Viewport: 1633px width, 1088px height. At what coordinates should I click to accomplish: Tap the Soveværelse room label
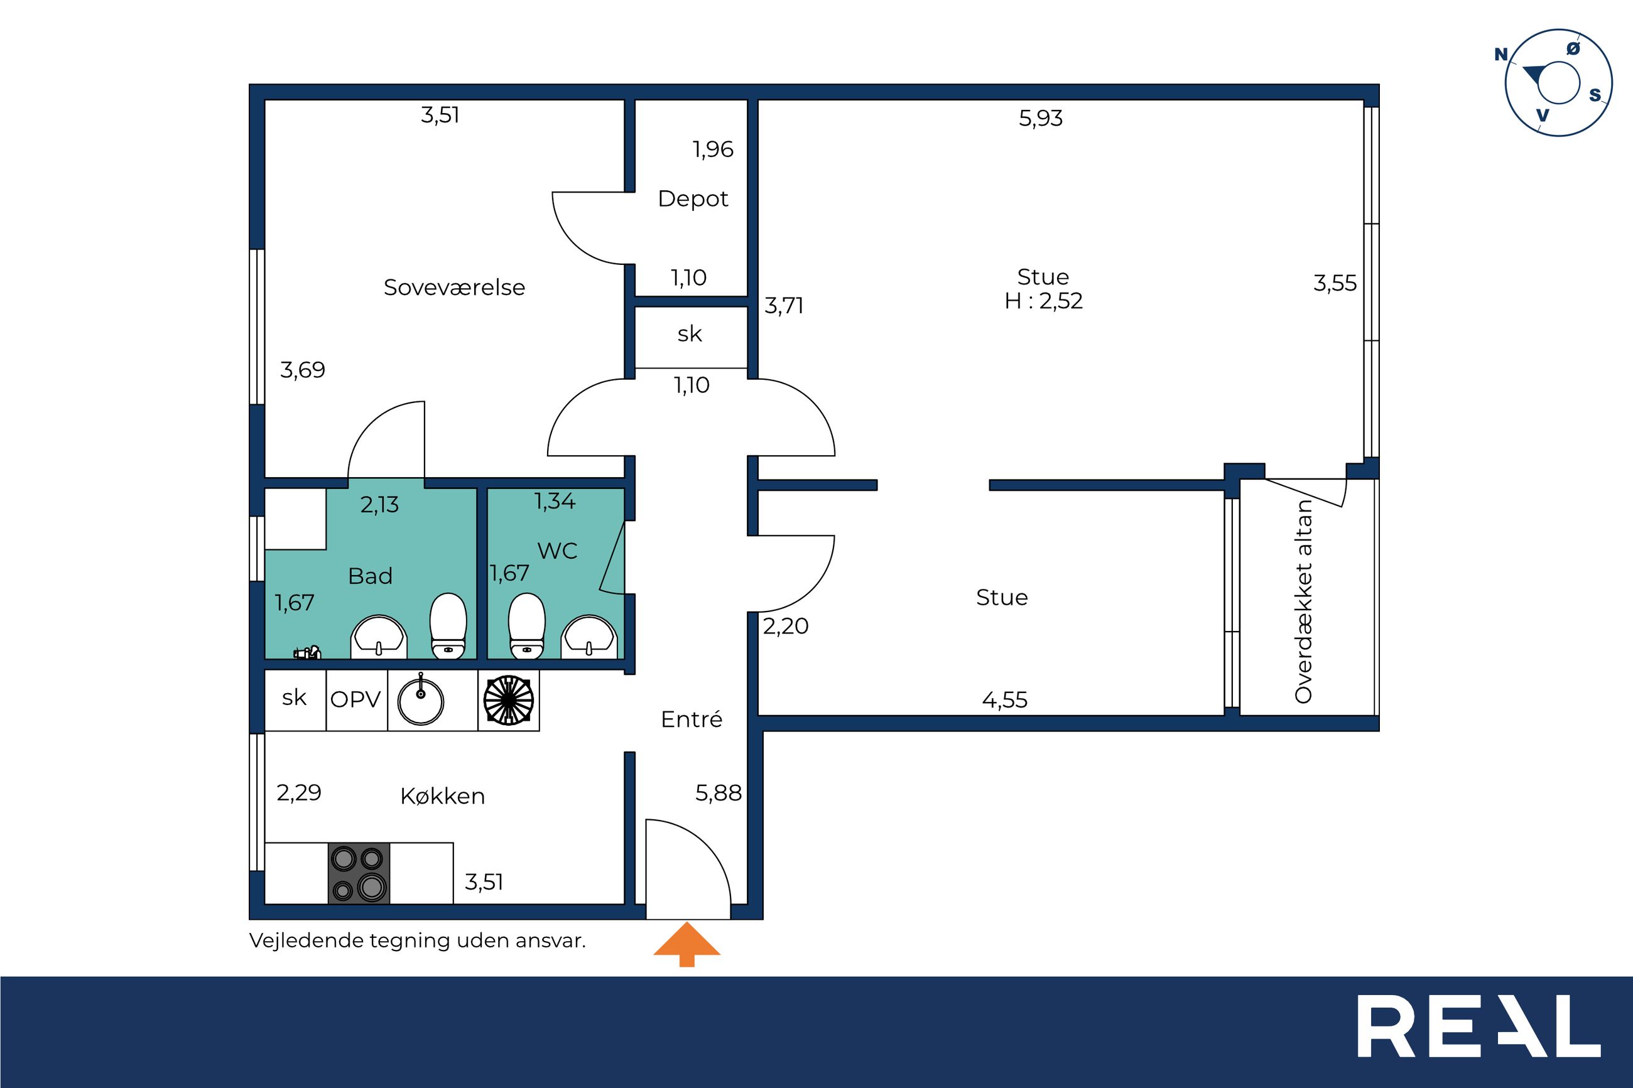[454, 288]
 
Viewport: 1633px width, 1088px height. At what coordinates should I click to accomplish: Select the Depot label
[693, 199]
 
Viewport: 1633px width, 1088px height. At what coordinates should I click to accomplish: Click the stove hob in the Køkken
[359, 873]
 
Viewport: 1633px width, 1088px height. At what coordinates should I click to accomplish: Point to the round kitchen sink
[420, 701]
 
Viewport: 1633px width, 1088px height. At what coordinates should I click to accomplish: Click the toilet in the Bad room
[448, 625]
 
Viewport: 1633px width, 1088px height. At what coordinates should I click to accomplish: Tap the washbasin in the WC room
[589, 636]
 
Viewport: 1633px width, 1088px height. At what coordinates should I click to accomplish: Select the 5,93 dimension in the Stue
[1040, 119]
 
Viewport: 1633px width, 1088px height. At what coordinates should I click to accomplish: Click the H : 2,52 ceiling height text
[1043, 301]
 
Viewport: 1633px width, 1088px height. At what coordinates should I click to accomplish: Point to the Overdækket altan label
[1303, 601]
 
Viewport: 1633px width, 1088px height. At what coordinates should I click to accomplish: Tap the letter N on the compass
[1501, 55]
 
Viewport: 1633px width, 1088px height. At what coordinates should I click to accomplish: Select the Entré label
[692, 719]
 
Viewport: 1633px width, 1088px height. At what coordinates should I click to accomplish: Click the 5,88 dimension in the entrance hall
[719, 792]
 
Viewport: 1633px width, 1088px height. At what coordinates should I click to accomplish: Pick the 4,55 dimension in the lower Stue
[1004, 699]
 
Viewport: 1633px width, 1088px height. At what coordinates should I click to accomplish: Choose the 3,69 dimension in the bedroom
[302, 370]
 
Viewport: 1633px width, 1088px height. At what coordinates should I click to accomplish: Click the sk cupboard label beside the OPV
[295, 698]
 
